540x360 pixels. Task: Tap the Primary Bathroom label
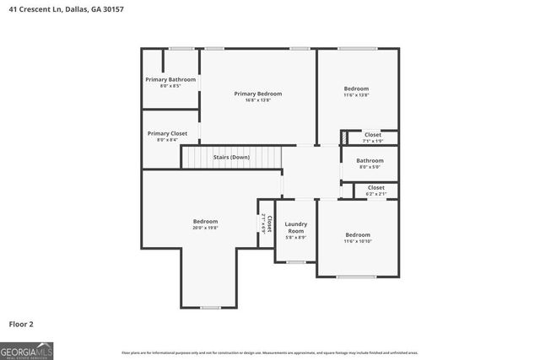pyautogui.click(x=170, y=79)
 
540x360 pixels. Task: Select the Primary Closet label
pyautogui.click(x=167, y=133)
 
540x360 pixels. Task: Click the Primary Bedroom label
pyautogui.click(x=257, y=94)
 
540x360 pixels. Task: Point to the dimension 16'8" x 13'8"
pyautogui.click(x=257, y=100)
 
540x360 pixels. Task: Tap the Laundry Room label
pyautogui.click(x=295, y=227)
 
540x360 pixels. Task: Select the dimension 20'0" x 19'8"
pyautogui.click(x=205, y=228)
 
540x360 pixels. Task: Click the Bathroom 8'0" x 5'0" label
pyautogui.click(x=370, y=160)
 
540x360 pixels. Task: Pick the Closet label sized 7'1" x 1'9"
pyautogui.click(x=372, y=135)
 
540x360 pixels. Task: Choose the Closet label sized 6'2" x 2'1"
pyautogui.click(x=375, y=187)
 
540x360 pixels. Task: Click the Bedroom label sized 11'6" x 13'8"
pyautogui.click(x=357, y=89)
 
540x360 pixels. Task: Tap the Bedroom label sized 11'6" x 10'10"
pyautogui.click(x=357, y=234)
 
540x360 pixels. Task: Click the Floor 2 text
pyautogui.click(x=21, y=323)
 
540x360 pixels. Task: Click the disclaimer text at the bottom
pyautogui.click(x=269, y=352)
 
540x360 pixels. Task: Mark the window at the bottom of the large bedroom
pyautogui.click(x=210, y=308)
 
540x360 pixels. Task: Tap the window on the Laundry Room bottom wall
pyautogui.click(x=295, y=262)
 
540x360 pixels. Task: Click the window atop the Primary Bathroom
pyautogui.click(x=181, y=48)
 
